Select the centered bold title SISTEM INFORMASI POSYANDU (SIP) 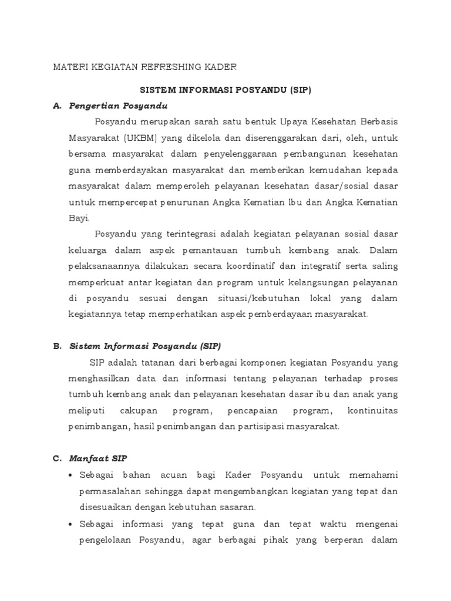(x=225, y=90)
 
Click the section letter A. (x=56, y=106)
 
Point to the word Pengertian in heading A (x=95, y=106)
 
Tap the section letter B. (x=56, y=346)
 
